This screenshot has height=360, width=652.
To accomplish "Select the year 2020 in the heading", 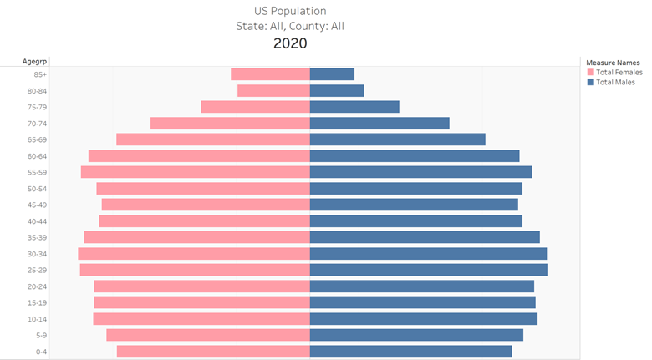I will coord(290,43).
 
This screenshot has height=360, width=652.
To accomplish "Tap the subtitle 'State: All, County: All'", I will coord(290,26).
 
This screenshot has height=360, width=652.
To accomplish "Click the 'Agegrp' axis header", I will coord(35,61).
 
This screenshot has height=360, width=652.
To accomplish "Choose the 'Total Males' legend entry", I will coord(614,82).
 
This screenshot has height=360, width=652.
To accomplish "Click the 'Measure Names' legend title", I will coord(613,63).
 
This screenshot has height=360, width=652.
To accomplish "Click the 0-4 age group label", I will coord(41,352).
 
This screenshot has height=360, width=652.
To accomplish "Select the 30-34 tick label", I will coord(37,254).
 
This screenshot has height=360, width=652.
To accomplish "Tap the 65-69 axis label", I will coord(37,139).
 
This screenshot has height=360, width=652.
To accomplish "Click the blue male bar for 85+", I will coord(332,74).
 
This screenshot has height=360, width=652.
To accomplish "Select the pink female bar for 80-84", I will coord(273,90).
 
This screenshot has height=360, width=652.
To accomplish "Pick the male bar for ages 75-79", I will coord(354,107).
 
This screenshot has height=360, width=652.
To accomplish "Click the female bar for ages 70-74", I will coord(230,123).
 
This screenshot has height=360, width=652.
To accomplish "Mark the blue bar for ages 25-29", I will coord(428,270).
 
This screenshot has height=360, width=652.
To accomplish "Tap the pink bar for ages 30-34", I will coord(194,253).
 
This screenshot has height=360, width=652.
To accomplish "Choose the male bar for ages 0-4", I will coord(410,352).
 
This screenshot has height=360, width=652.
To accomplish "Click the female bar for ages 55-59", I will coord(195,172).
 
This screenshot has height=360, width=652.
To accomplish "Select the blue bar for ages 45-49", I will coord(414,205).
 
